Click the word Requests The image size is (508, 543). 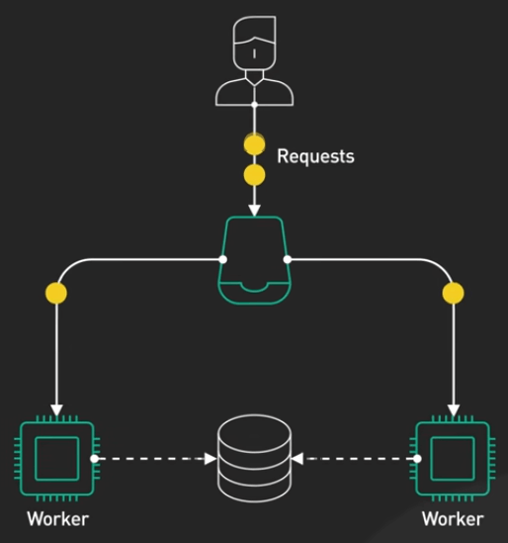(x=315, y=156)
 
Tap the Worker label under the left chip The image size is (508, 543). (x=57, y=519)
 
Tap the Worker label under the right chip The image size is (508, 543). (x=453, y=519)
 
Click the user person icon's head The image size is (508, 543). (x=255, y=43)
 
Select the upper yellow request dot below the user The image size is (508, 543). (x=254, y=144)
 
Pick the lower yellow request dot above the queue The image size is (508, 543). (x=254, y=175)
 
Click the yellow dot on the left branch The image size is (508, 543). (x=56, y=293)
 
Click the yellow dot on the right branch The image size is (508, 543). (x=453, y=293)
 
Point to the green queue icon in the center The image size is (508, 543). (x=254, y=260)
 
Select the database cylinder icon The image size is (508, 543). (x=254, y=458)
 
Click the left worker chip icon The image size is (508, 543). (x=57, y=459)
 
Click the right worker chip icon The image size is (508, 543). (x=453, y=459)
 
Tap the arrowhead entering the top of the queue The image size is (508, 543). (x=254, y=211)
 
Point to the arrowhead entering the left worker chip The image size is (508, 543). (x=56, y=410)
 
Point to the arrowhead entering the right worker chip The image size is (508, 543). (x=454, y=410)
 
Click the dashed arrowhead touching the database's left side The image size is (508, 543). (x=211, y=459)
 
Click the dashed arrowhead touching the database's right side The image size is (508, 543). (x=297, y=459)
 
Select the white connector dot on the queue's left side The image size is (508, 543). (x=223, y=259)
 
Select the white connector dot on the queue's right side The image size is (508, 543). (x=287, y=259)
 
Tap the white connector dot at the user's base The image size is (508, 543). (x=254, y=104)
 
